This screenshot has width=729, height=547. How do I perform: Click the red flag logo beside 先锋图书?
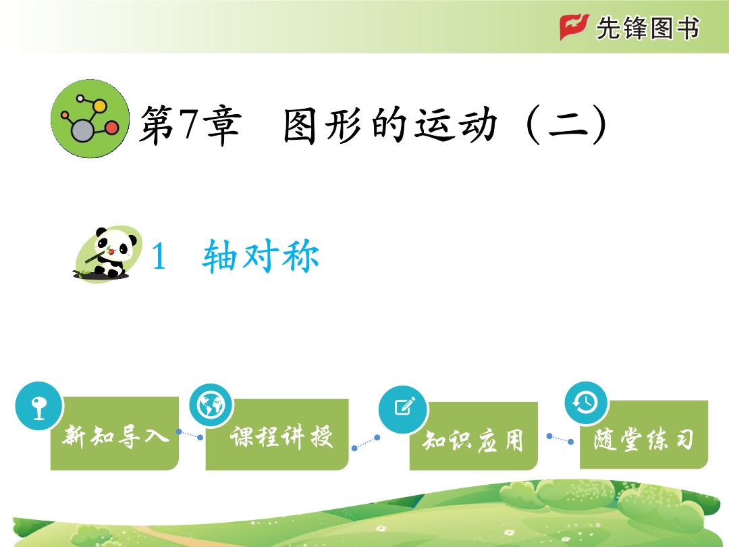pos(574,27)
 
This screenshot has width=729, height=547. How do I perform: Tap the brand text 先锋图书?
pos(648,28)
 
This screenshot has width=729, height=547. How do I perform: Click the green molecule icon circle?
pos(90,119)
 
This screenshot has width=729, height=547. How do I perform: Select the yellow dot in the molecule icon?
pos(99,106)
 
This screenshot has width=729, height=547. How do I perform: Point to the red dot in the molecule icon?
pos(111,128)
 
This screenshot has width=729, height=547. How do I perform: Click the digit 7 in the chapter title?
pos(190,124)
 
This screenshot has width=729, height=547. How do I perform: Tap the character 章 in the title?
pos(224,125)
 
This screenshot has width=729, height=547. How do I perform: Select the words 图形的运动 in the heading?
pos(391,125)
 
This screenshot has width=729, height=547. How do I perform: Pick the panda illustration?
pos(108,254)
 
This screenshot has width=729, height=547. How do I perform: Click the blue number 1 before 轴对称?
pos(159,257)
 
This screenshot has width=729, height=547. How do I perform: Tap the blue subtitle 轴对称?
pos(261,255)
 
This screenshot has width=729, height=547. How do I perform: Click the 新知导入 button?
pos(115,433)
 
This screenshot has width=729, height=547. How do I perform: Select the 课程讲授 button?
pos(277,434)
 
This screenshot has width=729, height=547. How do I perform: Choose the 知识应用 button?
pos(474,436)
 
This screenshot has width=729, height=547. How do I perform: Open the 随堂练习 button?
pos(644,434)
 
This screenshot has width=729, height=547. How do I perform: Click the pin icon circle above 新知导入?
pos(39,406)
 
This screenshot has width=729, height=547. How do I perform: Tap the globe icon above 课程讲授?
pos(211,405)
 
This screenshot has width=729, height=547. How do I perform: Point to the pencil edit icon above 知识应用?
pos(403,409)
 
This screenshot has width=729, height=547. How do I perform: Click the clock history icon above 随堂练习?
pos(587,402)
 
